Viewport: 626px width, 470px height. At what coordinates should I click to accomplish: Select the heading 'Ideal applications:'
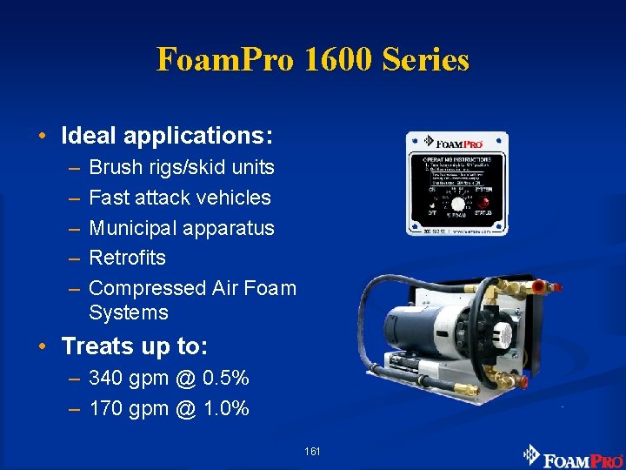coord(167,136)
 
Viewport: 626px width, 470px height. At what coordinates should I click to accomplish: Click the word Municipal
coord(130,228)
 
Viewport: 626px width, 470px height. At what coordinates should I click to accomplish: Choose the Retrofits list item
coord(127,258)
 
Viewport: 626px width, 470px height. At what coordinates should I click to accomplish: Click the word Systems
coord(128,312)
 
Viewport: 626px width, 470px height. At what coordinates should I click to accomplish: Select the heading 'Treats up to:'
coord(135,346)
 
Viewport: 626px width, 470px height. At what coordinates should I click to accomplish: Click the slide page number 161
coord(313,451)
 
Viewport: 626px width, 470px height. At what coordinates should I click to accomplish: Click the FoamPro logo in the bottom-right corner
coord(573,456)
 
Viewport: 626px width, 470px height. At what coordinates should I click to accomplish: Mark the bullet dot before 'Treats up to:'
coord(42,347)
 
